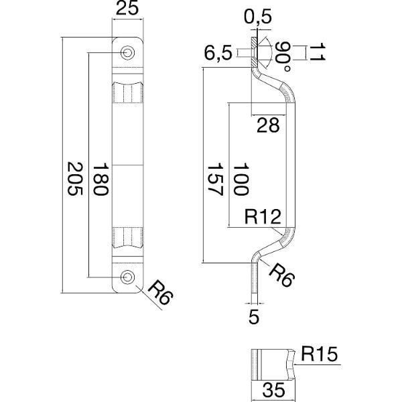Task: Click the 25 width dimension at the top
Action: [x=127, y=9]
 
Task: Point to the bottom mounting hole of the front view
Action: [x=127, y=276]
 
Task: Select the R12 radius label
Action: [x=261, y=216]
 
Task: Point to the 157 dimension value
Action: [x=214, y=178]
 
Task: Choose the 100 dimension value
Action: [x=239, y=179]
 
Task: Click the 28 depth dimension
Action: [x=269, y=125]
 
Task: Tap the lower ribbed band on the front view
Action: [x=127, y=237]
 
